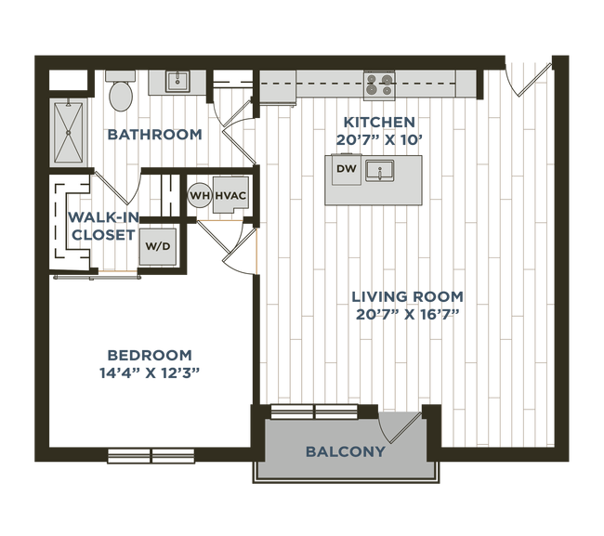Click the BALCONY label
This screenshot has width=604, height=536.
(345, 452)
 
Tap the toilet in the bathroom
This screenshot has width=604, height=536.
(120, 92)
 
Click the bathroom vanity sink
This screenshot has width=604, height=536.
(177, 82)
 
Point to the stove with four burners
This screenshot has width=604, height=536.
(379, 85)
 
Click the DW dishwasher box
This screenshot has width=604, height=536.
(345, 168)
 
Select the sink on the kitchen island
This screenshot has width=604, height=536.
(379, 170)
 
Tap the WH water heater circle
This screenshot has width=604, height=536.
(199, 195)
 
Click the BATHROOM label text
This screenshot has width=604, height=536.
(155, 136)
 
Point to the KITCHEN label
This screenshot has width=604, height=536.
(377, 123)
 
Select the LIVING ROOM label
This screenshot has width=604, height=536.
(406, 296)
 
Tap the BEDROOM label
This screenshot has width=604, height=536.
(149, 354)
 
